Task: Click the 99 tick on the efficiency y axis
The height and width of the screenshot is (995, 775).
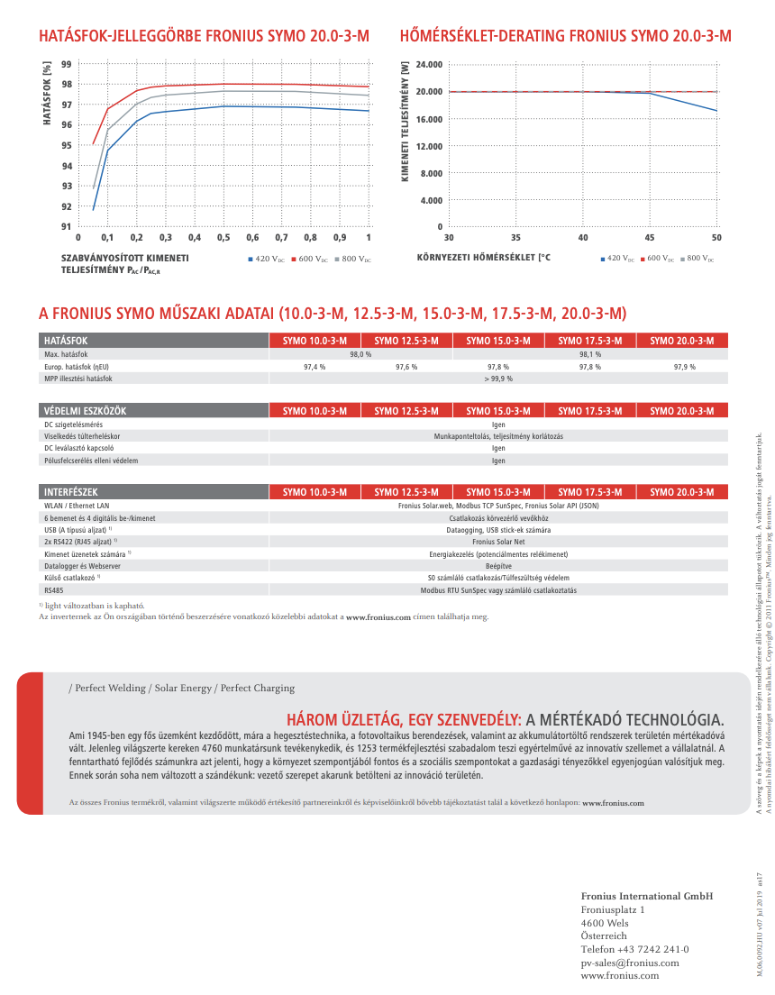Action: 67,64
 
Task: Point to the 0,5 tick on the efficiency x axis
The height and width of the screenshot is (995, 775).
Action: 223,237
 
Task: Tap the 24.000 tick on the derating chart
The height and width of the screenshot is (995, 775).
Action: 428,65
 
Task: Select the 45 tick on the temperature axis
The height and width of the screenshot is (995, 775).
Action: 650,237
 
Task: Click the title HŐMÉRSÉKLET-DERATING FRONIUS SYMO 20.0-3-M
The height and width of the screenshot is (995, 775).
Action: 565,36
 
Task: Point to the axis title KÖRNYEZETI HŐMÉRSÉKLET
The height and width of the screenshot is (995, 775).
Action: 483,258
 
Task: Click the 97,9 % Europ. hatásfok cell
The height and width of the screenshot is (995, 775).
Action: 684,367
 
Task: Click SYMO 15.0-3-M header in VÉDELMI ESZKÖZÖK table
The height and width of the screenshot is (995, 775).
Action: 498,411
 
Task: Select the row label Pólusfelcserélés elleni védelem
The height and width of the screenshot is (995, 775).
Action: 91,461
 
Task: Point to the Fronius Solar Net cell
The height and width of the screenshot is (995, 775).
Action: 498,542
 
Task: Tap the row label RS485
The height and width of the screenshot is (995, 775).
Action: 54,590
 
